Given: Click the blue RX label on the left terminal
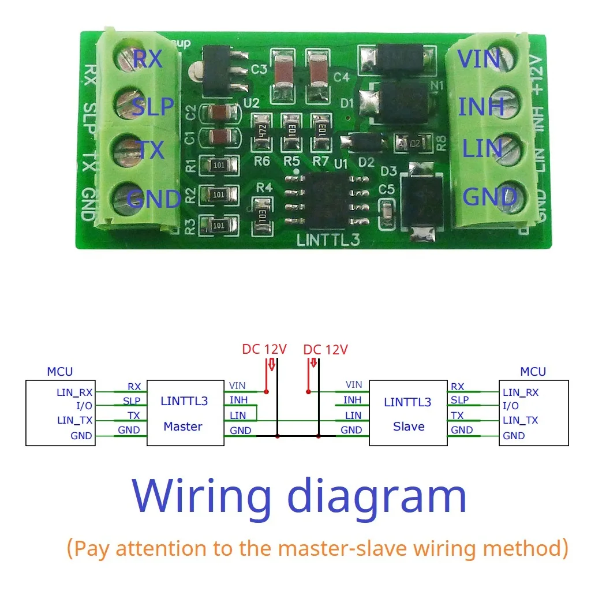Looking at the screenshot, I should coord(148,59).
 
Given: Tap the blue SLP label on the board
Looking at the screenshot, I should coord(153,107).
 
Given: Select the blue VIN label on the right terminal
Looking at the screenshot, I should coord(478,59).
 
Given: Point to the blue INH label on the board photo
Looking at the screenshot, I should coord(481,107).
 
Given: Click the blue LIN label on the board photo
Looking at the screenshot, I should coord(482,149).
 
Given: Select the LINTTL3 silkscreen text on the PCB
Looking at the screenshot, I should coord(328,240).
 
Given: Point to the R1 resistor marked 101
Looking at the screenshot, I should coord(218,165).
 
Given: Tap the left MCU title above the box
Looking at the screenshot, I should coord(59,372).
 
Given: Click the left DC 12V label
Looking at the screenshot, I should coord(264,349).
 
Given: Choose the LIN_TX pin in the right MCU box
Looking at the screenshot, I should coord(520,421).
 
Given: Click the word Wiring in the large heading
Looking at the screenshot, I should coord(201,496).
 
